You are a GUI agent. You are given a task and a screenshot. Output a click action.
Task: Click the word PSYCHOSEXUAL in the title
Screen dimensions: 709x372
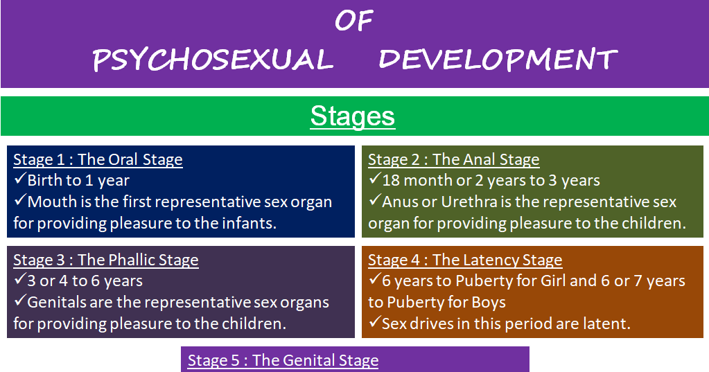[x=213, y=60]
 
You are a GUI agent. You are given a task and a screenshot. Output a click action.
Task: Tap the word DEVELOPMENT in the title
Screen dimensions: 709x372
[x=498, y=60]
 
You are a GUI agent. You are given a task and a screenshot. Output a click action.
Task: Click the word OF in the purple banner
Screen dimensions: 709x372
[x=354, y=21]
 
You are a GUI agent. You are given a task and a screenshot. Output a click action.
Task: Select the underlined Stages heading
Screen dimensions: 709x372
[x=353, y=116]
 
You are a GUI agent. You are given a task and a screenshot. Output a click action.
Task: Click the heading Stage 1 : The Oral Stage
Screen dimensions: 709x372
[x=98, y=159]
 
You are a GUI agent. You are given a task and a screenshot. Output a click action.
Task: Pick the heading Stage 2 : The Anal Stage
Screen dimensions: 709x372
[x=453, y=159]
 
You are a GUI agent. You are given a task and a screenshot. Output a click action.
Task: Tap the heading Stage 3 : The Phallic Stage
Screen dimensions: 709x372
[x=106, y=260]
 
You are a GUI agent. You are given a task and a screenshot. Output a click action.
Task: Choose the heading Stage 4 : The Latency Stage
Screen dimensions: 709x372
[x=465, y=260]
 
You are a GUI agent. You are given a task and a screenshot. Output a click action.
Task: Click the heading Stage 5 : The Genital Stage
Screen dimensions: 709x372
[x=283, y=360]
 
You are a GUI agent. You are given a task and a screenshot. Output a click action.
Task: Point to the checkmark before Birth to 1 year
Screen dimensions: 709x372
[x=20, y=179]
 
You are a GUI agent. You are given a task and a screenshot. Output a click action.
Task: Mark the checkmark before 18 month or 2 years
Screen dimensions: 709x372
[x=375, y=179]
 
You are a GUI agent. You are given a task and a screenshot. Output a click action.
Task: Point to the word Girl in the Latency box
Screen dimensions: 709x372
[x=554, y=281]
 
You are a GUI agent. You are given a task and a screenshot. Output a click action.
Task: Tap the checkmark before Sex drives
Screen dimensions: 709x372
[x=375, y=322]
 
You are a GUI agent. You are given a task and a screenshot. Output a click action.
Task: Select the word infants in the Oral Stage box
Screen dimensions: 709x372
[x=248, y=223]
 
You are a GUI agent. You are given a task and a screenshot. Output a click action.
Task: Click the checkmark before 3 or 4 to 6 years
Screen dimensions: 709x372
[x=20, y=279]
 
